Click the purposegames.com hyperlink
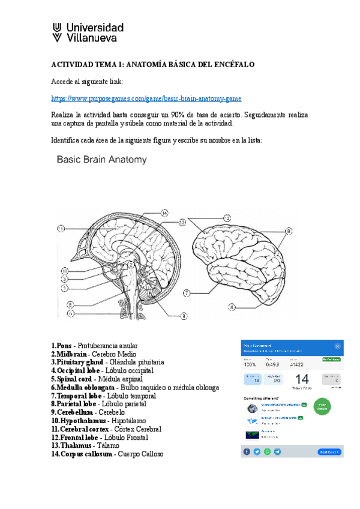pos(146,98)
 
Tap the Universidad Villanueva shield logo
pos(57,33)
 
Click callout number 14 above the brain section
pos(164,212)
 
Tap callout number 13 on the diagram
pos(182,222)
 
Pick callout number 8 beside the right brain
pos(288,230)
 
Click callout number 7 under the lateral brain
pos(187,294)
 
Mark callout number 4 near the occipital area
pos(231,307)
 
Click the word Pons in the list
pos(64,346)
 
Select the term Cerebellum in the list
pos(74,412)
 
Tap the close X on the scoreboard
pos(337,346)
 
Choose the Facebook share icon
pos(247,451)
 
